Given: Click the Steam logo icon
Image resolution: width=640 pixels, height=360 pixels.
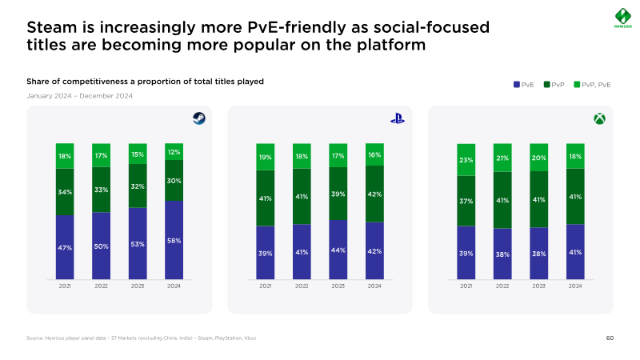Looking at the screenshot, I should [x=198, y=119].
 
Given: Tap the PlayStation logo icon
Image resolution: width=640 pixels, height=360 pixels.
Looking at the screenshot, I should [x=398, y=119].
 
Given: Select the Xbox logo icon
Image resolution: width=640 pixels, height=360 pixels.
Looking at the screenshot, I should [x=598, y=119].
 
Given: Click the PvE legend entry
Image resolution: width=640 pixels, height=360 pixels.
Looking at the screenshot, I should [x=524, y=83].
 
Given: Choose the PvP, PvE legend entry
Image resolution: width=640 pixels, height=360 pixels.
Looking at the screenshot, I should [x=592, y=83].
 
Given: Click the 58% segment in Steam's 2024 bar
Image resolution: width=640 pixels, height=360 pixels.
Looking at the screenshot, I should [x=174, y=240].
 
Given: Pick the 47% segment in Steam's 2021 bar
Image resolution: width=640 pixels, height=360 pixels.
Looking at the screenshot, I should [x=65, y=247].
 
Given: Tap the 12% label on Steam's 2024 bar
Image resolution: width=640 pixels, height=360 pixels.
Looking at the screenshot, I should [x=174, y=152].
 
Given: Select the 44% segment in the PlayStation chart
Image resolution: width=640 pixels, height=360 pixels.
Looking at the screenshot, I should [x=338, y=250].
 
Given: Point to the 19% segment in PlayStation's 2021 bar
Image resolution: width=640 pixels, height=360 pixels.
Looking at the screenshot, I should [x=266, y=157].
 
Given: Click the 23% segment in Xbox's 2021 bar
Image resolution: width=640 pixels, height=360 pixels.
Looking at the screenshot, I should [x=466, y=160].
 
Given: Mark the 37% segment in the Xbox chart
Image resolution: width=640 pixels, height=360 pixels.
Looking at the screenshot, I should [x=466, y=201].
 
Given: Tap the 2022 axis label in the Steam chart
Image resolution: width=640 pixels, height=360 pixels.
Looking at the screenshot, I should [x=102, y=286].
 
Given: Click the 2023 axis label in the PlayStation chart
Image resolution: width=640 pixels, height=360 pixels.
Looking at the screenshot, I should [x=338, y=286].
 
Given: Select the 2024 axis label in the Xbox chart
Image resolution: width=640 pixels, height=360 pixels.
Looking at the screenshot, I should [x=575, y=286].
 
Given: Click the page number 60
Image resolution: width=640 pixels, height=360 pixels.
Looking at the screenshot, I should [x=610, y=338].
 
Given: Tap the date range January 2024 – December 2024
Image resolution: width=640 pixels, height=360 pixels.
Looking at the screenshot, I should [x=79, y=96].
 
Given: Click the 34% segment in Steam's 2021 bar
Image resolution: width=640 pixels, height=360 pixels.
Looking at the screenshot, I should [x=65, y=192].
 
